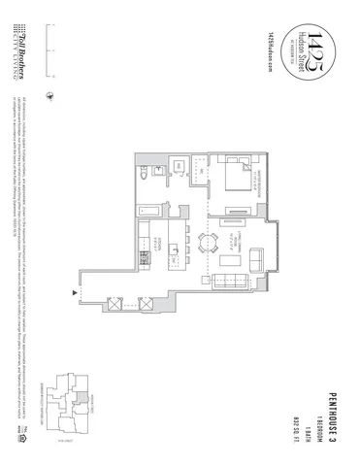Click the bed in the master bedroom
241,179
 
